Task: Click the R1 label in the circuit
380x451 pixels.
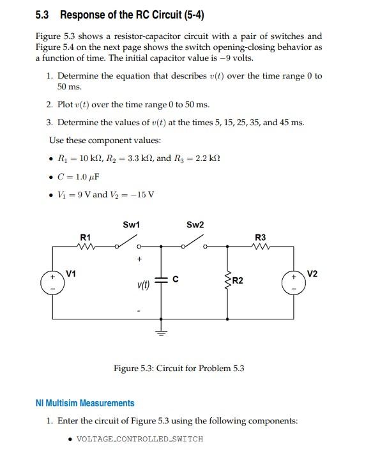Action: click(85, 238)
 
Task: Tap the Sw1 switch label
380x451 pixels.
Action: click(131, 225)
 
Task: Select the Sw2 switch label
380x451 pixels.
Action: click(195, 225)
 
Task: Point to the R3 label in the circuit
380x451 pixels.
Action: click(261, 238)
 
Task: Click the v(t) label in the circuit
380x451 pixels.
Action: click(143, 286)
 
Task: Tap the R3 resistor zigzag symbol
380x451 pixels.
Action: click(260, 246)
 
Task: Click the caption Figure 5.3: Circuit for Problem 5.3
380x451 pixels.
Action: click(179, 369)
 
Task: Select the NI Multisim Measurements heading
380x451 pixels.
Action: click(85, 403)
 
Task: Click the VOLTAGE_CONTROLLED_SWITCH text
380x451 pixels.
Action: click(139, 439)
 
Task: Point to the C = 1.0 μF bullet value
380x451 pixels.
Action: click(79, 176)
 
